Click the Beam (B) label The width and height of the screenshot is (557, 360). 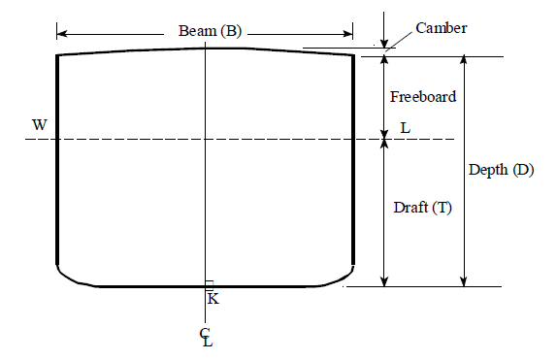point(211,31)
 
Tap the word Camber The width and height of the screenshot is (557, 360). point(442,28)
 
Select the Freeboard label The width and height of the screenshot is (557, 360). point(422,97)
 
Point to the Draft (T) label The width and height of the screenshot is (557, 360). point(422,207)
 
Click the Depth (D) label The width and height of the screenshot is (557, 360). point(501,170)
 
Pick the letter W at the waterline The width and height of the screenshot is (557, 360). point(39,125)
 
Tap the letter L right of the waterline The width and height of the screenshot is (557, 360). point(405,128)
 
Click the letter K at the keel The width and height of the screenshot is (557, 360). point(213,298)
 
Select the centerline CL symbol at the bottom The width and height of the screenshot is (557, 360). point(206,338)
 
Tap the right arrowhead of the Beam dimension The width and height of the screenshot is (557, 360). point(350,31)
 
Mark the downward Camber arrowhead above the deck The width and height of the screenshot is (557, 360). point(385,43)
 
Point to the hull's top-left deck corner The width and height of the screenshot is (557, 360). point(58,56)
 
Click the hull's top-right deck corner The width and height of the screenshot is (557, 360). point(352,56)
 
